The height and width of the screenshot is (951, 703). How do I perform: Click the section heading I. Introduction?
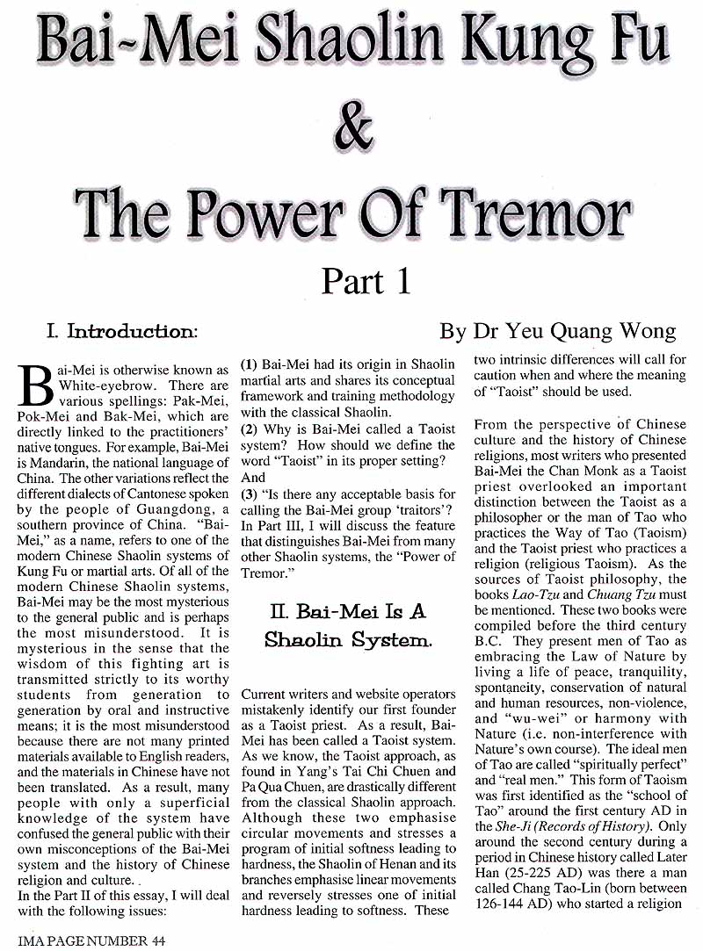tap(122, 332)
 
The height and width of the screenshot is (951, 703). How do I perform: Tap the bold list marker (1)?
tap(249, 364)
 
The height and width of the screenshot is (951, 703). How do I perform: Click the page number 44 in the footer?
tap(156, 940)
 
